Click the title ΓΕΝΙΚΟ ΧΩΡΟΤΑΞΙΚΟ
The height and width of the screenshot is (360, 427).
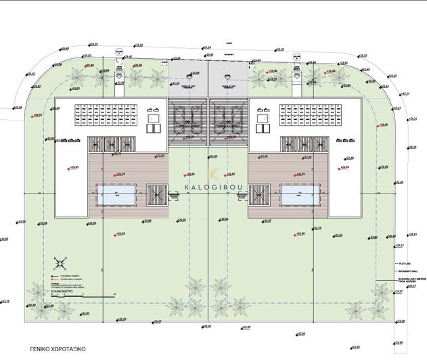(57, 352)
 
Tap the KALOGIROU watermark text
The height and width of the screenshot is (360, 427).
(214, 187)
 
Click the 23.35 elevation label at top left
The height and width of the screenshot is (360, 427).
(92, 45)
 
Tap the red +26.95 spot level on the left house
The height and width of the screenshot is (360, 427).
(74, 166)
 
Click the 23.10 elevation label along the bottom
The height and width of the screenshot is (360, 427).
(121, 319)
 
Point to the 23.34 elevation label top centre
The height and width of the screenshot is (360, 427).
(206, 47)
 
